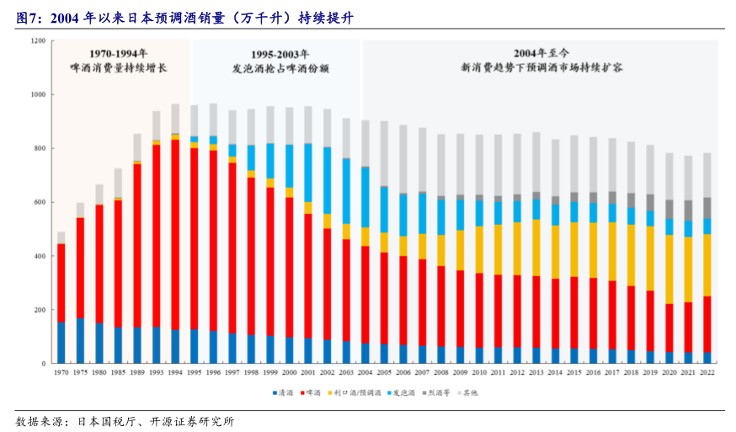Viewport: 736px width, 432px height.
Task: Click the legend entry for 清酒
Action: pos(285,392)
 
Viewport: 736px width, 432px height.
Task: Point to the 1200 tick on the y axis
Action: pos(39,41)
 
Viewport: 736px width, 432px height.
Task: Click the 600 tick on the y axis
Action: pos(40,202)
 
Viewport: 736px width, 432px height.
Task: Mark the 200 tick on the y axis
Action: pos(40,310)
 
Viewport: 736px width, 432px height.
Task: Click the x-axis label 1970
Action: pos(61,372)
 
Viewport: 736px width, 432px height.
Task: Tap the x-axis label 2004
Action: pos(365,372)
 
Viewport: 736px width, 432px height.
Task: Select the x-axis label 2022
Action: pos(707,372)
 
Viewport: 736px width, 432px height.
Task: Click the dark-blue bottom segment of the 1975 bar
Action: pos(80,340)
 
